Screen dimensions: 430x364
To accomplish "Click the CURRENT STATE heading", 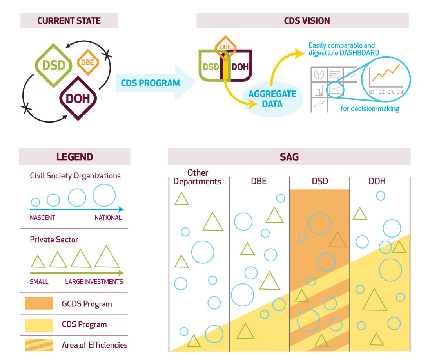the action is point(69,21).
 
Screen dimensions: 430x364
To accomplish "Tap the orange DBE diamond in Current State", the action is point(88,62).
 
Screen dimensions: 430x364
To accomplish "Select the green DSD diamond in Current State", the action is point(54,65).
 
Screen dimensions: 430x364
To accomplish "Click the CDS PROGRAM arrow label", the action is point(150,83).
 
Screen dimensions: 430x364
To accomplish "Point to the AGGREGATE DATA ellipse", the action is point(272,99).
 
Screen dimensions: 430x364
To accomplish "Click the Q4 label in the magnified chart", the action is point(399,92).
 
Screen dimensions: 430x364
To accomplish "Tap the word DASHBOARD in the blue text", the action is point(359,53).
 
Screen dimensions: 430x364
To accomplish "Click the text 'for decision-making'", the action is point(370,108).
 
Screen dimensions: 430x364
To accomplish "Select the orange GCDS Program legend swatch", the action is point(38,303).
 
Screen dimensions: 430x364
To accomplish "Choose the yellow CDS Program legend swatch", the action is point(38,324).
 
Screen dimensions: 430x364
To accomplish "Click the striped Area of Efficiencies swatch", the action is point(38,345).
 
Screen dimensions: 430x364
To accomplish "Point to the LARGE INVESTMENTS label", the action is point(94,281).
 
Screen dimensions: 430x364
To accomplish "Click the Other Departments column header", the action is point(197,177).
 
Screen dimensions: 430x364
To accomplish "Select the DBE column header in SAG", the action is point(258,181).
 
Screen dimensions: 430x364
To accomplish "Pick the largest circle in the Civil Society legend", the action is point(104,195).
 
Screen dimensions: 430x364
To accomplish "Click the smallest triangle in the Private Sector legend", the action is point(38,261).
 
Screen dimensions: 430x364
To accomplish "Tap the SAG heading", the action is point(289,157).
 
